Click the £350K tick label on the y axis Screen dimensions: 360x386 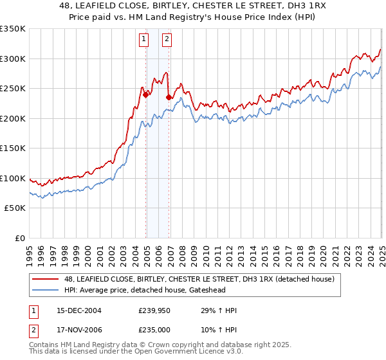pyautogui.click(x=13, y=29)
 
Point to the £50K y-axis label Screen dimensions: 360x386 pyautogui.click(x=15, y=208)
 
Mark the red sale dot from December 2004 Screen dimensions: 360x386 pyautogui.click(x=146, y=94)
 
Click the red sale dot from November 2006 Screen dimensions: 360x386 pyautogui.click(x=169, y=98)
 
